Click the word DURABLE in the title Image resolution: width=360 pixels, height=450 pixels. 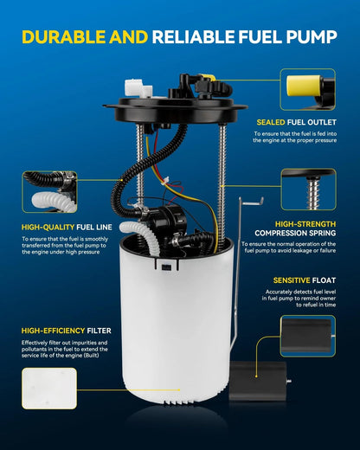click(x=63, y=37)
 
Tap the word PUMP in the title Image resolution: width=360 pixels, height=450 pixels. click(x=312, y=37)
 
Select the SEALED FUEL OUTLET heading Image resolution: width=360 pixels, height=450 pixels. click(x=297, y=122)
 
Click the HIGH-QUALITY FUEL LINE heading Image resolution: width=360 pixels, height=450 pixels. click(x=67, y=228)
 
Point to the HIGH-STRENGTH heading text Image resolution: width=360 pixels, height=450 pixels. click(x=305, y=224)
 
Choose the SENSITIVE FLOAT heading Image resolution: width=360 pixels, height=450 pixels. click(x=305, y=280)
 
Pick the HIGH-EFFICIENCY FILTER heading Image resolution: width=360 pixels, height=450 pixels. click(x=66, y=331)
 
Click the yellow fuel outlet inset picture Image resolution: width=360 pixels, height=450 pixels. click(x=307, y=89)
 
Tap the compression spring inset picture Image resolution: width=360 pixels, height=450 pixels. click(x=308, y=190)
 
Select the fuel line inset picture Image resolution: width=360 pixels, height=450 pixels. click(x=49, y=192)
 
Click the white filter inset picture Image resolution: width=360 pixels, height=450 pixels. click(x=49, y=389)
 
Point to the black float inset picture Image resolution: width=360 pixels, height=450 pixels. click(x=308, y=336)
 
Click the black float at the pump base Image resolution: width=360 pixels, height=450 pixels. click(x=258, y=381)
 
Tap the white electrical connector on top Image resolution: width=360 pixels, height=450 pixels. click(x=138, y=87)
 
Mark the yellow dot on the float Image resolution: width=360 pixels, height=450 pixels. click(x=256, y=376)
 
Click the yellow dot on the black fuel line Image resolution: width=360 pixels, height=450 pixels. click(x=122, y=180)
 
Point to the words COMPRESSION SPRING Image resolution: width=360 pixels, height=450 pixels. click(x=295, y=233)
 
